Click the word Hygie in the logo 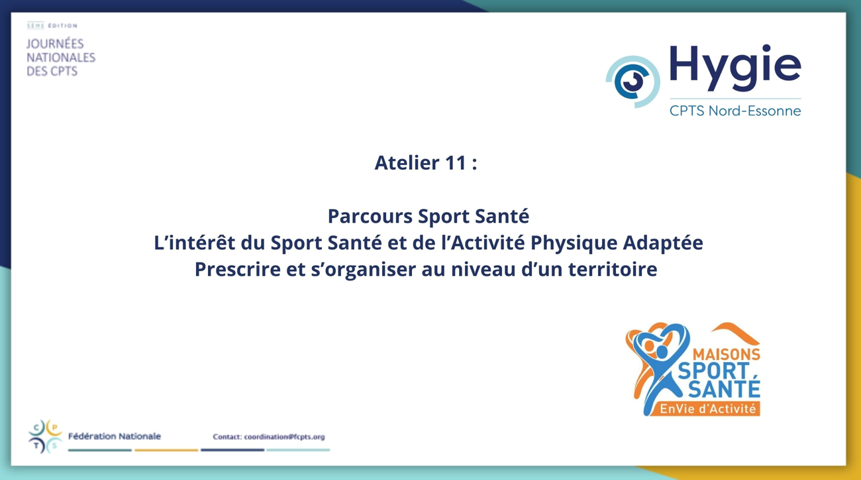(x=735, y=68)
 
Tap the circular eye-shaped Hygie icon (x=633, y=82)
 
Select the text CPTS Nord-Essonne (x=735, y=111)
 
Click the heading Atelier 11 (x=426, y=162)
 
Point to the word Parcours (x=370, y=215)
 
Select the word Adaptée (x=663, y=243)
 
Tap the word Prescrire (x=238, y=269)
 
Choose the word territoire (x=613, y=269)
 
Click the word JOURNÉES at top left (x=55, y=44)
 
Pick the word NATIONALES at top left (x=61, y=57)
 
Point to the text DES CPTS (x=52, y=71)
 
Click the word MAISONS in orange (x=726, y=354)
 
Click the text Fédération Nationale (x=115, y=436)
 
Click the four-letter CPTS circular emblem (x=45, y=437)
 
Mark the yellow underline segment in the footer (x=166, y=450)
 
